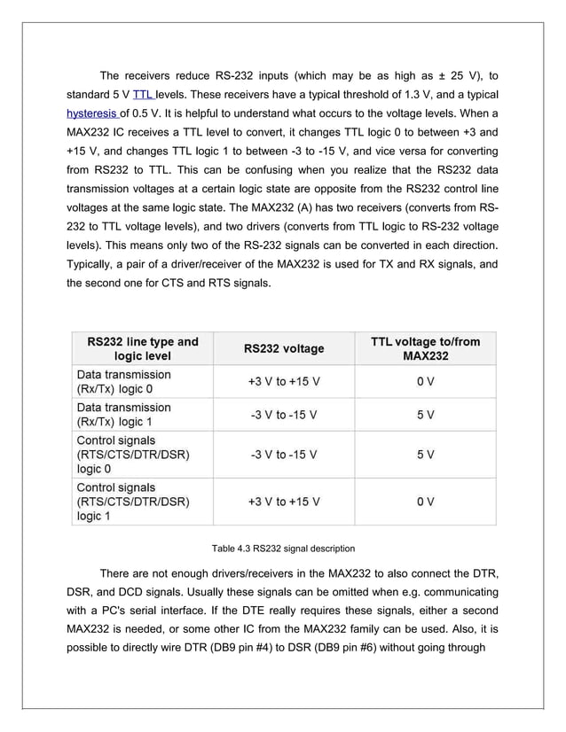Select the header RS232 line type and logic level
142,348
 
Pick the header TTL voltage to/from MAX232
425,348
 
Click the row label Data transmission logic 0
124,381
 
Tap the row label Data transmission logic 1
124,414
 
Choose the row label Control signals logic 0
133,454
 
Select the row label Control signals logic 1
133,501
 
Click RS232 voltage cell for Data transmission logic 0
283,381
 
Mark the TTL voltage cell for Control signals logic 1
425,502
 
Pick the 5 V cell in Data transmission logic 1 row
425,414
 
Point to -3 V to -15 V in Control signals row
283,455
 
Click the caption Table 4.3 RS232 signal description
282,548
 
